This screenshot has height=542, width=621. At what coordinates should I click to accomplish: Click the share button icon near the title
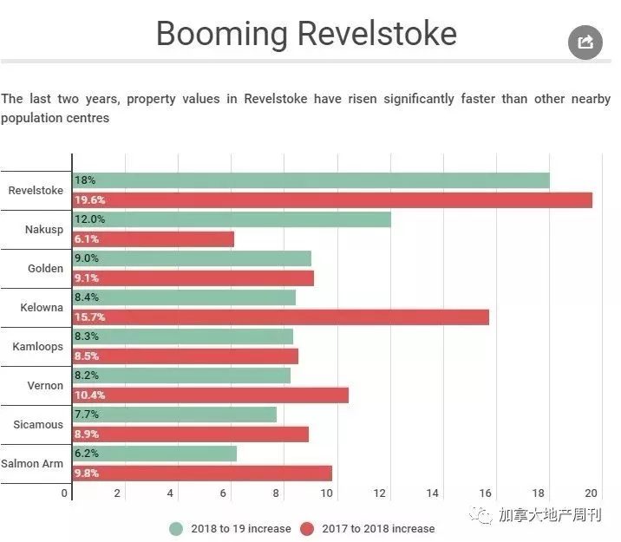[x=585, y=42]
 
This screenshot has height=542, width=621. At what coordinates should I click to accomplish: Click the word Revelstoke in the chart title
[x=377, y=34]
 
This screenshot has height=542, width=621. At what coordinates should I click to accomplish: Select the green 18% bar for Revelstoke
[x=310, y=180]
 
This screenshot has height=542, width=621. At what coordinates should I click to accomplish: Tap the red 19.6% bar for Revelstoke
[x=332, y=200]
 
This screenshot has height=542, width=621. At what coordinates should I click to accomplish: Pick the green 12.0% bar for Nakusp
[x=232, y=219]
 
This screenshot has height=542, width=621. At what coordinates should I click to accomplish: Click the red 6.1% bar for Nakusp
[x=154, y=239]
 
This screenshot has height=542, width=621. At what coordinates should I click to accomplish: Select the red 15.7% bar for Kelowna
[x=281, y=317]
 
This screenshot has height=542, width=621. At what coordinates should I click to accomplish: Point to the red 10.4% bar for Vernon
[x=210, y=395]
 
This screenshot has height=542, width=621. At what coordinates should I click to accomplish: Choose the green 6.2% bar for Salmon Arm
[x=154, y=454]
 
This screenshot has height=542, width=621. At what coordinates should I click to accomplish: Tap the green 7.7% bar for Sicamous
[x=174, y=415]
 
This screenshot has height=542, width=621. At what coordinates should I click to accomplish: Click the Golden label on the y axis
[x=45, y=269]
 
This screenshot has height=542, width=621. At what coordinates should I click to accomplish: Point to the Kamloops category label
[x=37, y=347]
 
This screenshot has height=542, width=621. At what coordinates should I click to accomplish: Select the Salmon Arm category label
[x=32, y=464]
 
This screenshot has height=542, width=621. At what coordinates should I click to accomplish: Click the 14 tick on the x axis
[x=433, y=493]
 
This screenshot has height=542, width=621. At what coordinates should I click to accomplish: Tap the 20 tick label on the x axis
[x=591, y=493]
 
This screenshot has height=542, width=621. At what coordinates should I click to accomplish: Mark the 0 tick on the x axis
[x=64, y=493]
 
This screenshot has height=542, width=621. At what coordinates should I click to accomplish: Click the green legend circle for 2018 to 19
[x=176, y=529]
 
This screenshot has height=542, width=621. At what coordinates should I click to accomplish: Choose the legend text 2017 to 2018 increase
[x=378, y=529]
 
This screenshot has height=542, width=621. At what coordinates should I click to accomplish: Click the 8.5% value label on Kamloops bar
[x=87, y=356]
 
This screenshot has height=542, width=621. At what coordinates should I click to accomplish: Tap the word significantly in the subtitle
[x=419, y=99]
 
